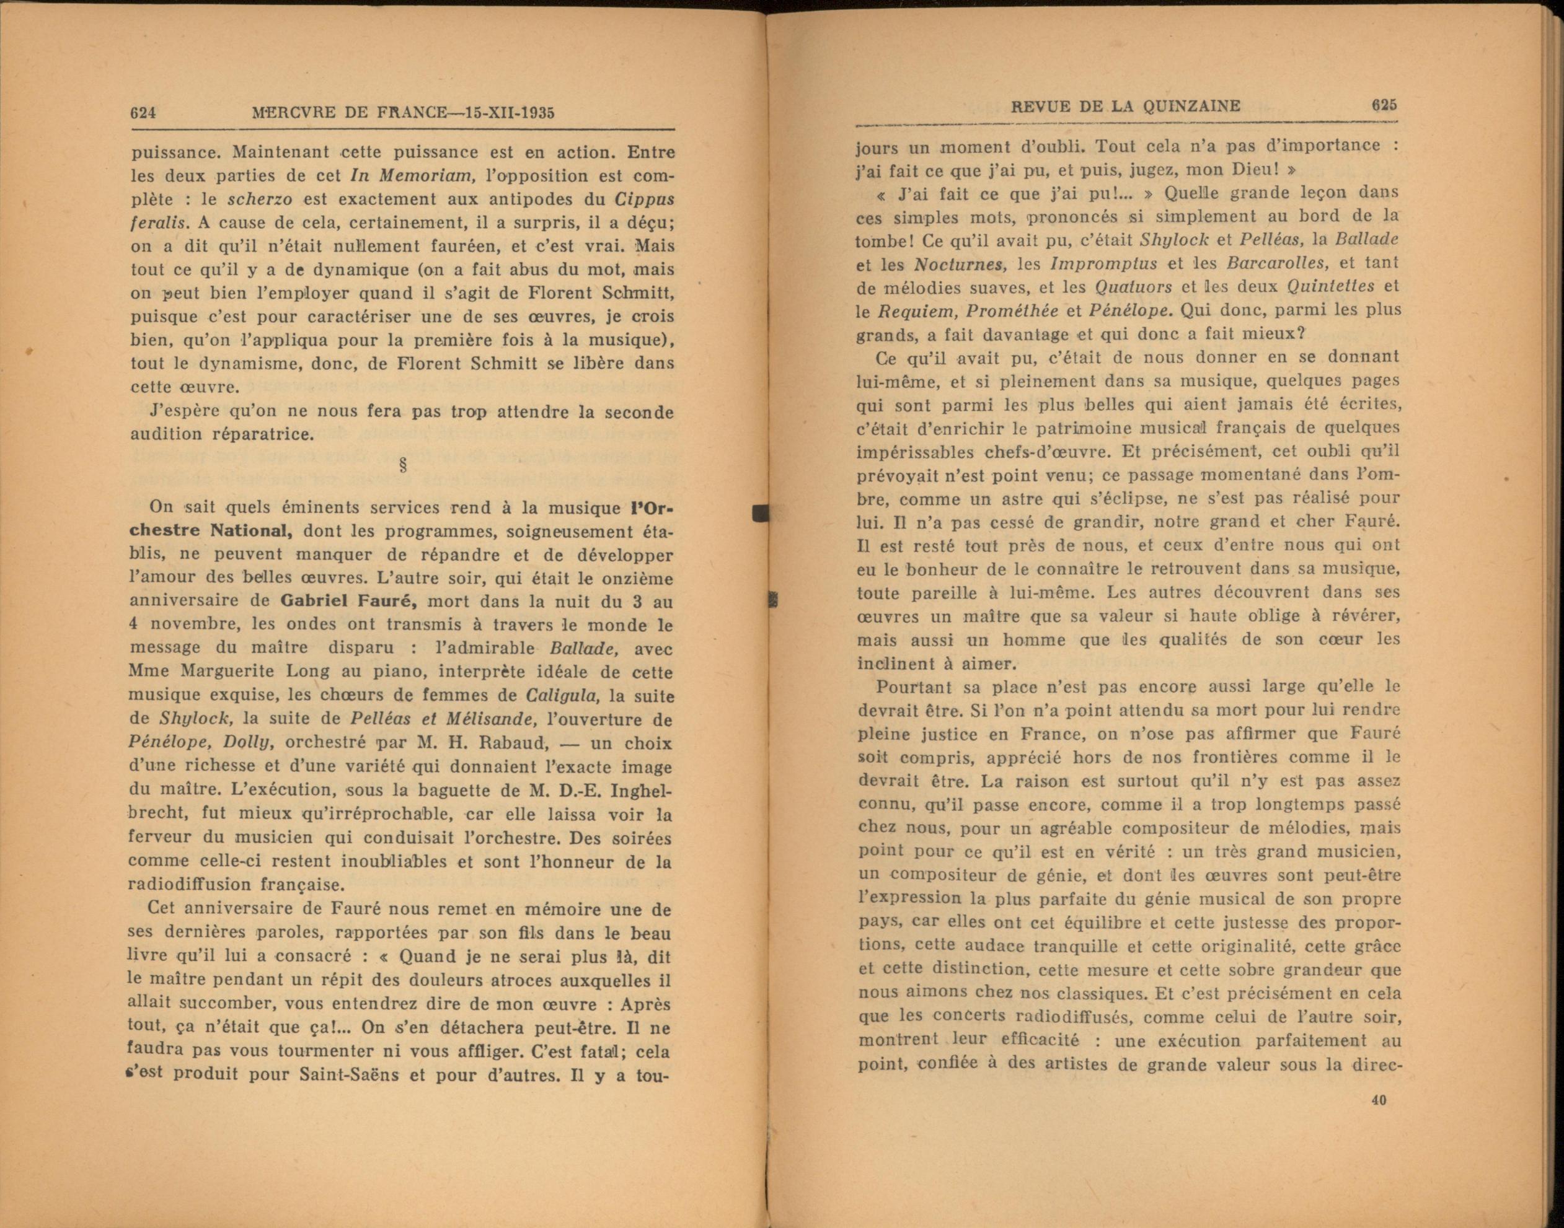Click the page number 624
point(143,113)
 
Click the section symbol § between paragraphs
point(403,465)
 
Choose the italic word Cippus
point(645,199)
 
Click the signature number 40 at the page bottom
point(1379,1120)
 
